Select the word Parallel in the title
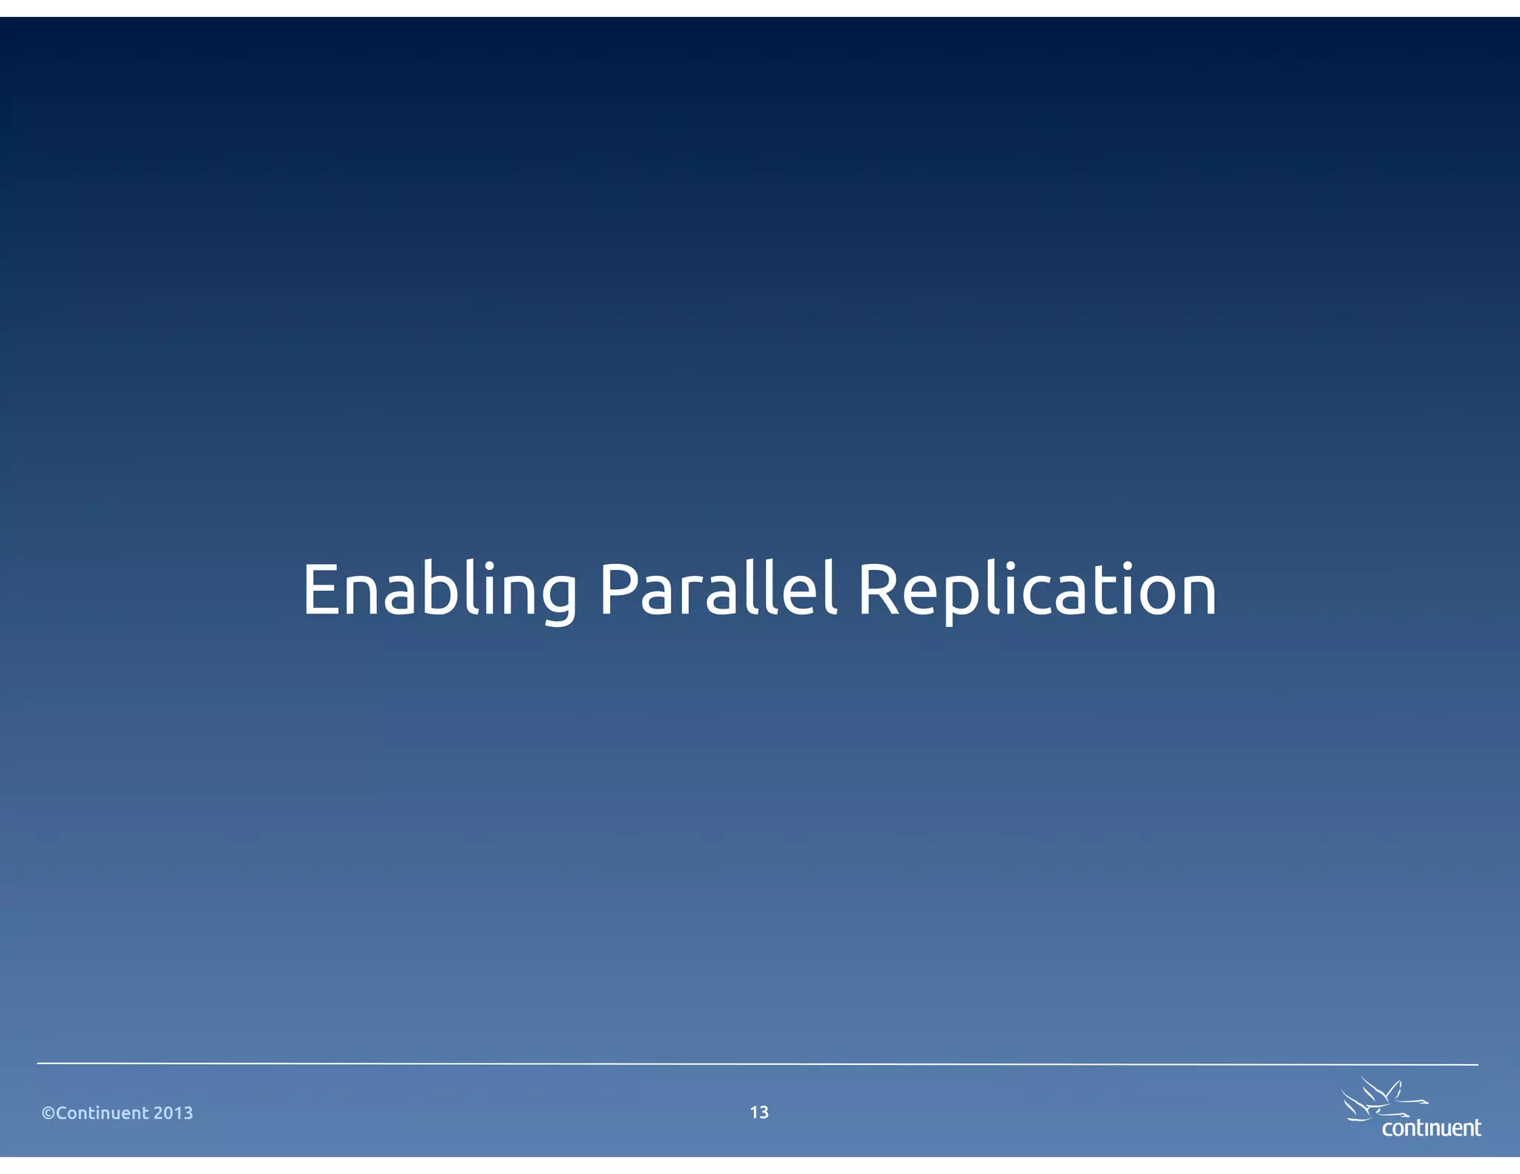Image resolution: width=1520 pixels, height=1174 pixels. (717, 590)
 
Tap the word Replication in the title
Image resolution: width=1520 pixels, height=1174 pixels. (1036, 590)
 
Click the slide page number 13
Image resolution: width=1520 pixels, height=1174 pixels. (759, 1112)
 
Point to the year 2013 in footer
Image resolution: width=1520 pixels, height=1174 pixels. (173, 1112)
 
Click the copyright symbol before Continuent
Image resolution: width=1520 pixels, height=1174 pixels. (48, 1112)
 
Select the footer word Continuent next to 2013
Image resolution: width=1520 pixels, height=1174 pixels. (102, 1112)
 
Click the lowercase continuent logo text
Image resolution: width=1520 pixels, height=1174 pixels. (1431, 1128)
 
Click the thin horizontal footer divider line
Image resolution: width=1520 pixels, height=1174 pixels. (757, 1063)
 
